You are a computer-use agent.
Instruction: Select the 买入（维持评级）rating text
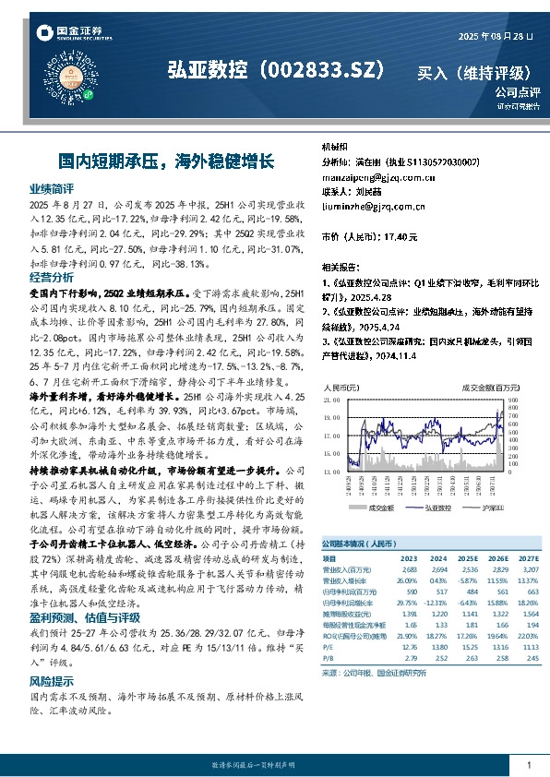click(x=474, y=72)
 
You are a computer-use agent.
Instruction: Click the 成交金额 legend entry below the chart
click(x=377, y=508)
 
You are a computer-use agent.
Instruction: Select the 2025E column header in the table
click(x=470, y=558)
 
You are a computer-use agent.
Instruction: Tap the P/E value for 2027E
click(x=528, y=647)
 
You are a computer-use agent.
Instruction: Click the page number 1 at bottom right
click(x=528, y=766)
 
